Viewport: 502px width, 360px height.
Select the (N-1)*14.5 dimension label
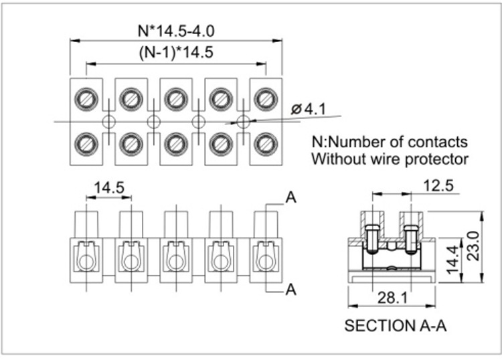[176, 53]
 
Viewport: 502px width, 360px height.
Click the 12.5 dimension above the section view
[438, 185]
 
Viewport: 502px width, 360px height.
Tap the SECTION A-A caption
[395, 326]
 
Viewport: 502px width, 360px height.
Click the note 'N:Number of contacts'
[390, 143]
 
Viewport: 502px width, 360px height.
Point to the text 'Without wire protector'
[390, 159]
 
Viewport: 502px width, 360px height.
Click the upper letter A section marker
[290, 197]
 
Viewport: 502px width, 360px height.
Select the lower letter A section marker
[290, 289]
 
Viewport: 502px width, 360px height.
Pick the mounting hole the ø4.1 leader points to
[243, 121]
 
